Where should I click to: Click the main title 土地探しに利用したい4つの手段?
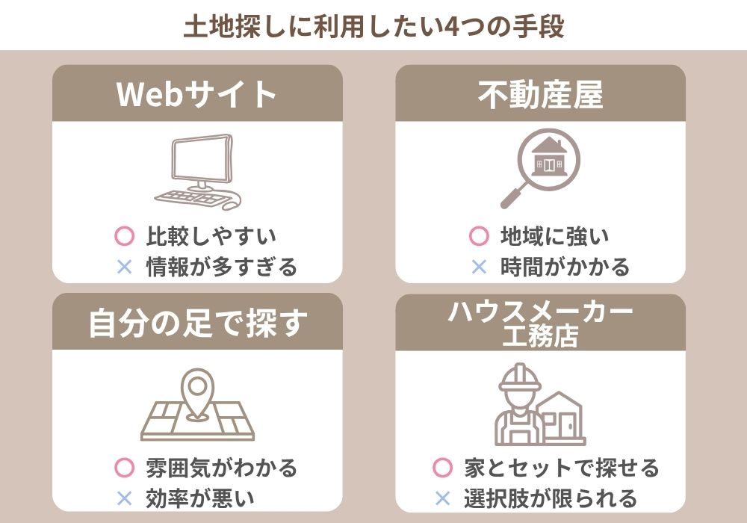click(374, 26)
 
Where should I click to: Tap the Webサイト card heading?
click(196, 93)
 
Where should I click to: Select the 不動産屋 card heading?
click(541, 94)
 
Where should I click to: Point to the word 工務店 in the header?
click(541, 335)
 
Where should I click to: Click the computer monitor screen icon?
click(201, 160)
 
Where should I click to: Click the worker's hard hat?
click(520, 377)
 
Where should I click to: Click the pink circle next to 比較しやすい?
click(124, 236)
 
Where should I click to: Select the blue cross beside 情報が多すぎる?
click(124, 266)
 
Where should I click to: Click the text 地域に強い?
click(554, 236)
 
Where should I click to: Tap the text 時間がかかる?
click(565, 266)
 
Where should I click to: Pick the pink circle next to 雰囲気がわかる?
click(124, 468)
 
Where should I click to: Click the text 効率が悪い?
click(200, 498)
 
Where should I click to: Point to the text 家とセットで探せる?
click(562, 468)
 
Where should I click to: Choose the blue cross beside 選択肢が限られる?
click(442, 498)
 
